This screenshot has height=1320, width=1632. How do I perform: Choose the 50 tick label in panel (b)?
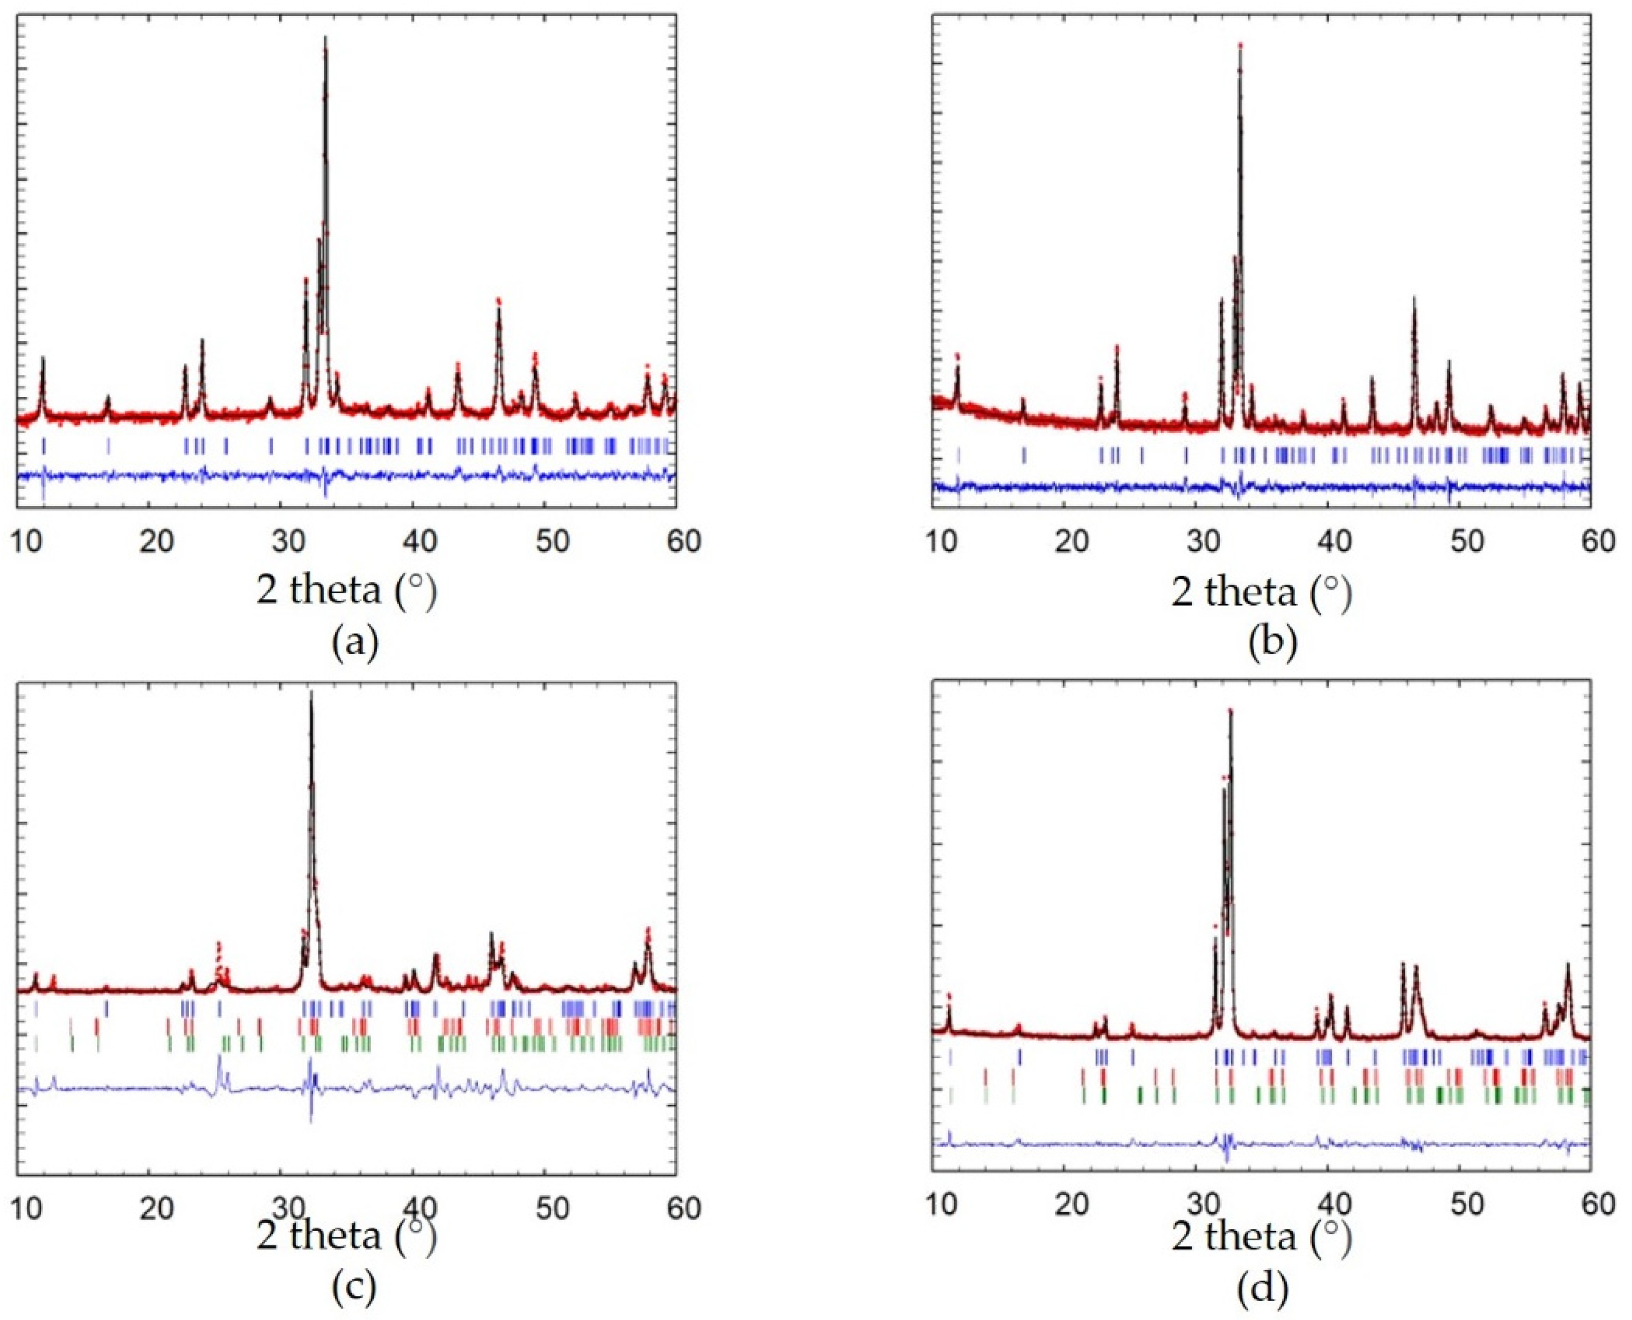pos(1465,541)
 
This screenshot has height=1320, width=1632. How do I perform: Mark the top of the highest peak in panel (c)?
pos(311,691)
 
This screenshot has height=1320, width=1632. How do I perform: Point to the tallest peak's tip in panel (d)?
pos(1230,711)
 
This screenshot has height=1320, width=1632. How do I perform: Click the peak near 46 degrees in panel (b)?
pos(1415,298)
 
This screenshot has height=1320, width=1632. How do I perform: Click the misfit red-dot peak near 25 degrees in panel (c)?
pos(219,945)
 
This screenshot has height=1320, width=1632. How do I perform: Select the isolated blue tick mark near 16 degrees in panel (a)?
pos(108,446)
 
